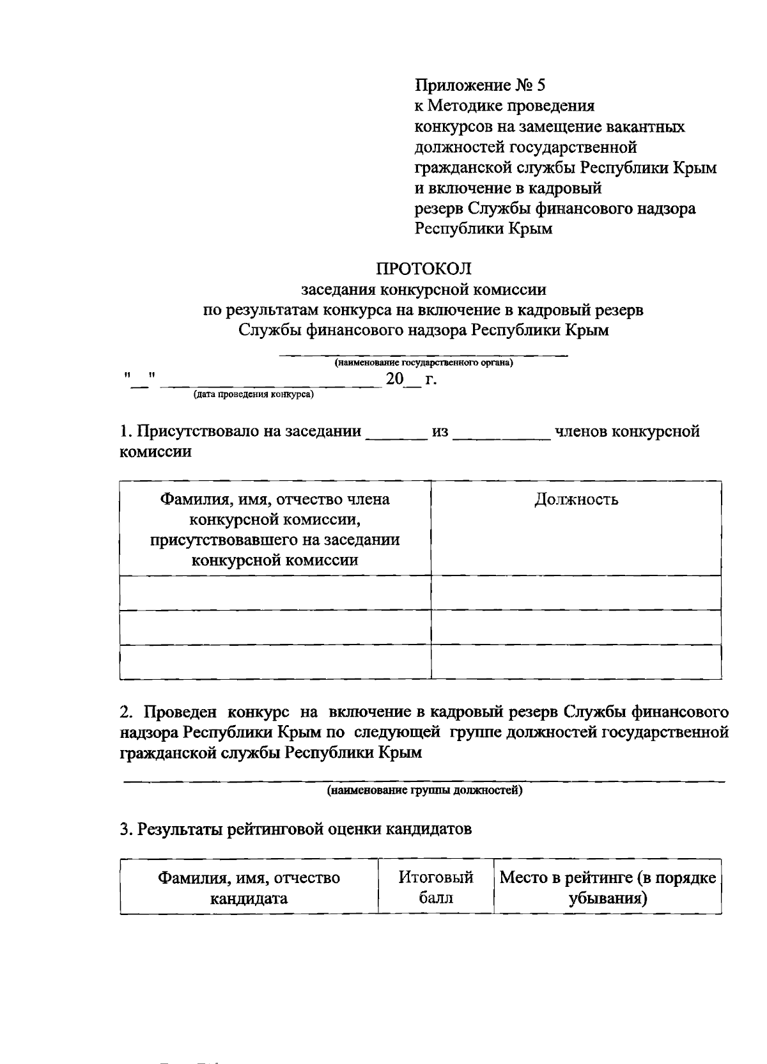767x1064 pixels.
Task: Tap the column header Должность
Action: click(x=576, y=499)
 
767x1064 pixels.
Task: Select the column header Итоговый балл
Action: click(x=436, y=888)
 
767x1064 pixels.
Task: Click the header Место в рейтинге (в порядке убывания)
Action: click(x=607, y=888)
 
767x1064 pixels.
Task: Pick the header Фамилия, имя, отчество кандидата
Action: click(x=249, y=888)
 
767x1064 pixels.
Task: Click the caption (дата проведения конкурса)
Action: click(x=254, y=395)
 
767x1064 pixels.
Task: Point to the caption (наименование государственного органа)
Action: click(x=423, y=363)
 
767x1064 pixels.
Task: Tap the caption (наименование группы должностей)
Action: click(x=424, y=791)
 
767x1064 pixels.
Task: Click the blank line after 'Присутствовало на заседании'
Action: click(x=396, y=435)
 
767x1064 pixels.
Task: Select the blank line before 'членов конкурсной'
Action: click(x=501, y=435)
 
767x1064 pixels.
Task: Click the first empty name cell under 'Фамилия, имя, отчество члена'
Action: click(x=275, y=592)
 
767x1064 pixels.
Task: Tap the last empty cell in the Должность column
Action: click(x=576, y=661)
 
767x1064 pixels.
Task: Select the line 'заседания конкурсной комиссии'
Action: click(x=423, y=290)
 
